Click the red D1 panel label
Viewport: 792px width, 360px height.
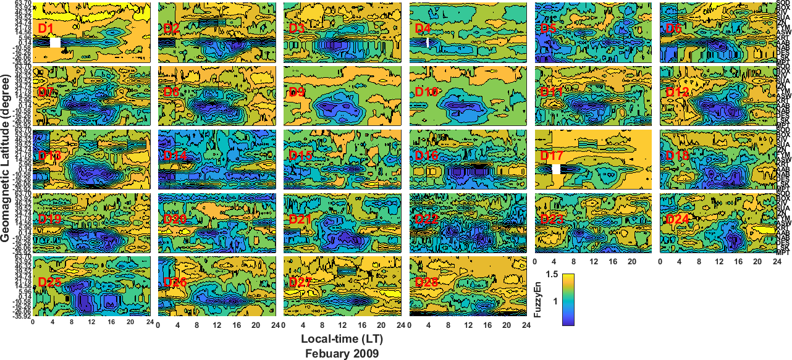tap(46, 28)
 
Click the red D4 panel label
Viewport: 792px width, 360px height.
tap(423, 28)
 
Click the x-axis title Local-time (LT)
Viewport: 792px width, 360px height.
tap(342, 340)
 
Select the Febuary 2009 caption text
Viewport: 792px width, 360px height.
tap(342, 353)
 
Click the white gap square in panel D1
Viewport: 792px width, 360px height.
tap(56, 43)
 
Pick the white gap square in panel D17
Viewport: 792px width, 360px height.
tap(557, 169)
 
